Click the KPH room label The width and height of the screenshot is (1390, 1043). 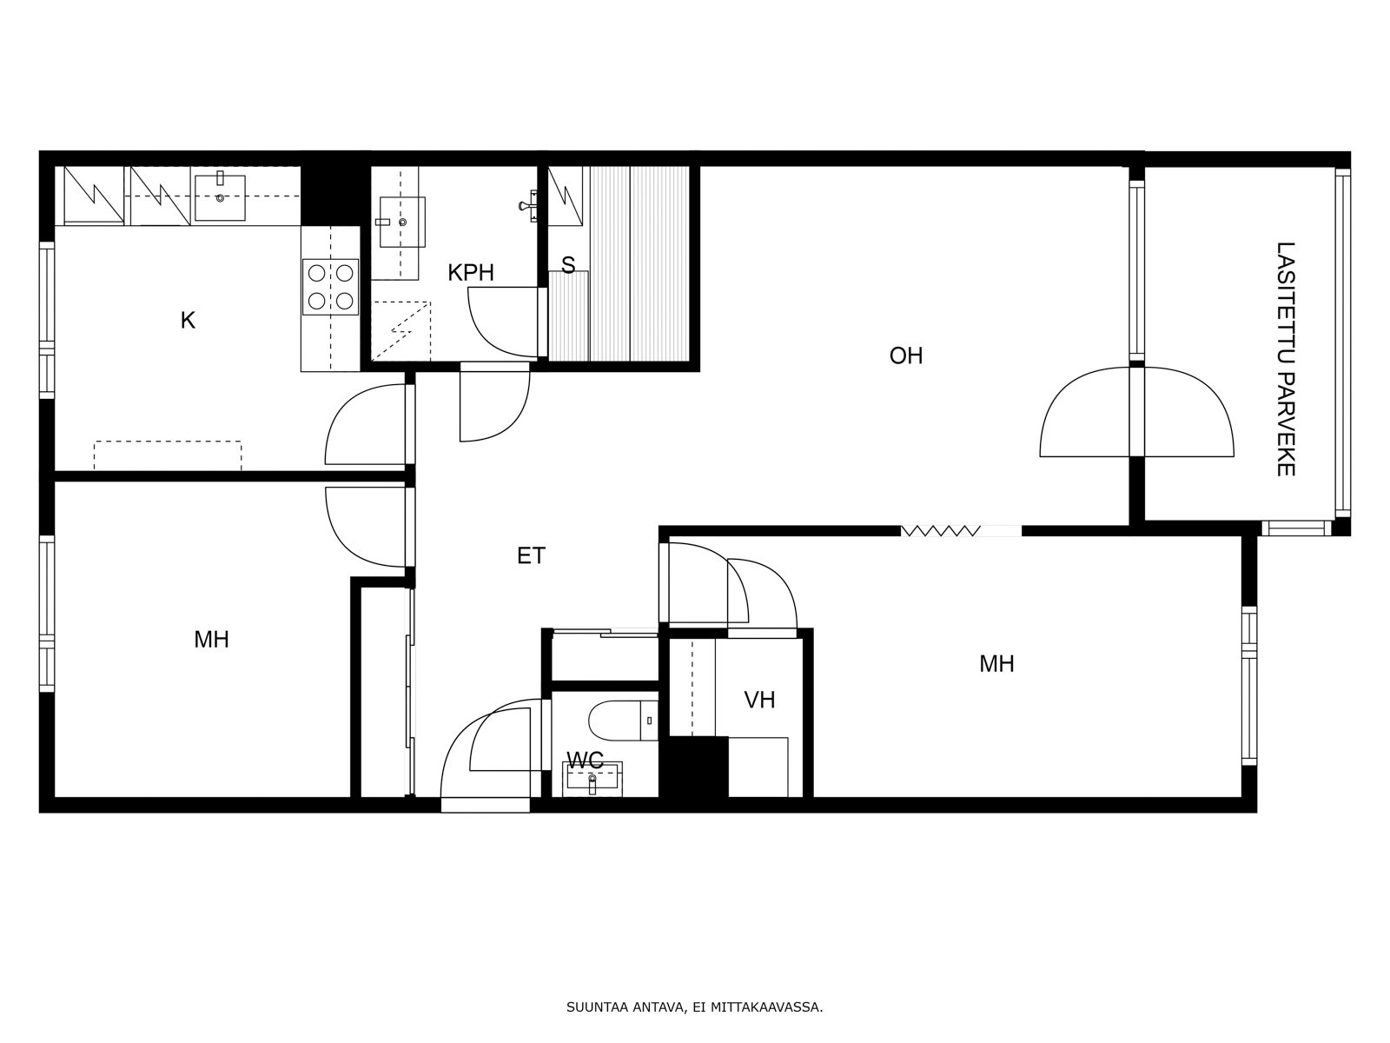(x=471, y=273)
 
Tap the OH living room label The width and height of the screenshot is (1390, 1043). (x=905, y=355)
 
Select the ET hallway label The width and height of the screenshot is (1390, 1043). (x=531, y=555)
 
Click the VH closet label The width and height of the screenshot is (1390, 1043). (x=759, y=700)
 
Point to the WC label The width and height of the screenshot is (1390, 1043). (x=585, y=761)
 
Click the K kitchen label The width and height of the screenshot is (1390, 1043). (x=188, y=321)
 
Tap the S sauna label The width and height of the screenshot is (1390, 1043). (x=568, y=265)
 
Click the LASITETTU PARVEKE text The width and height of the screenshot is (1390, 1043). (x=1286, y=358)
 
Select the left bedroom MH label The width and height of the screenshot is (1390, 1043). (x=211, y=640)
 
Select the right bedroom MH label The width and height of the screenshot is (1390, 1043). (x=996, y=664)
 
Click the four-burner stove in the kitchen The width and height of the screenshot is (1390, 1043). (x=331, y=287)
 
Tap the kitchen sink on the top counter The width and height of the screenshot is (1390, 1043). (x=220, y=197)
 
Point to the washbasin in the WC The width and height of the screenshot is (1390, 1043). (x=592, y=777)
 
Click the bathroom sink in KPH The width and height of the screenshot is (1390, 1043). (x=402, y=222)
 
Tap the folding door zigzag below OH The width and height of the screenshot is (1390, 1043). (x=941, y=530)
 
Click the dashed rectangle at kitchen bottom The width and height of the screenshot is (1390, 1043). (x=168, y=455)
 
